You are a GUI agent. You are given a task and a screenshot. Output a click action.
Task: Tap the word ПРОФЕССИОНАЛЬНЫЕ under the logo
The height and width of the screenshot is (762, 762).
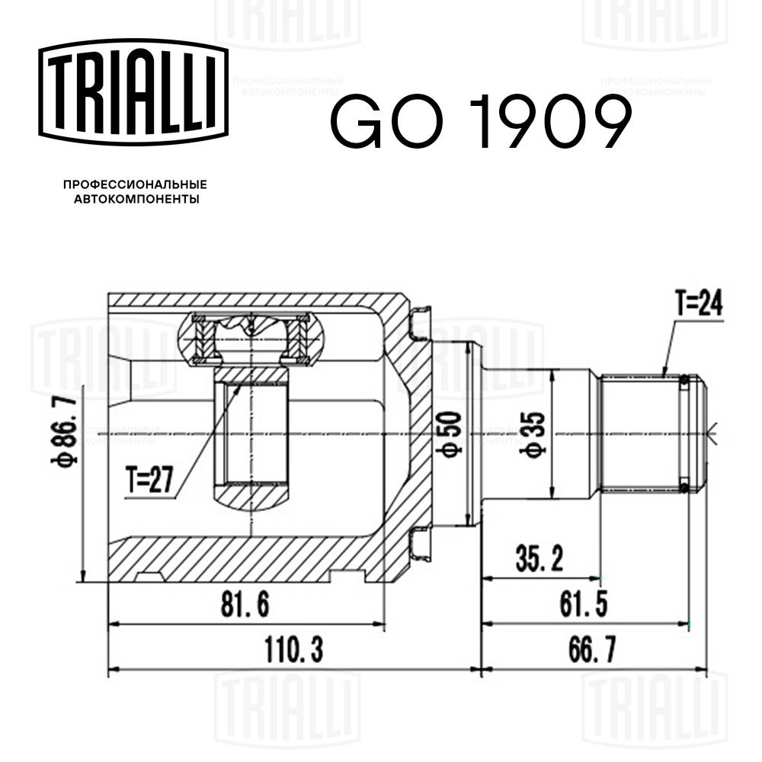[135, 184]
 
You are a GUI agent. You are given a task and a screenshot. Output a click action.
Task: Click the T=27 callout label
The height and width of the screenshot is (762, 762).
[149, 480]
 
